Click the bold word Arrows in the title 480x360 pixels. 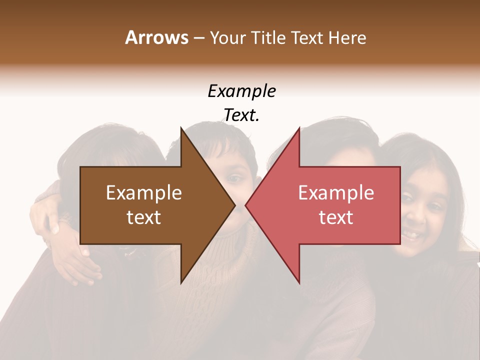point(156,37)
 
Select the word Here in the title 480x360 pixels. point(347,38)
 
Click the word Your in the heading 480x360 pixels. point(228,38)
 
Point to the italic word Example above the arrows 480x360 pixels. point(241,91)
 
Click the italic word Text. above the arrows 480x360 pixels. point(241,115)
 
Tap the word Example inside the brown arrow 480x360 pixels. point(143,193)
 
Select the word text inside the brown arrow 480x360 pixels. point(143,217)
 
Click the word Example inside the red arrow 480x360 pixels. point(336,193)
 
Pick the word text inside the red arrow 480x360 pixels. point(336,217)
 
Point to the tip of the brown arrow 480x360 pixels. point(235,205)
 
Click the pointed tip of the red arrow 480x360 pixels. point(245,205)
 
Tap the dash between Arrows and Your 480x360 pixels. point(198,38)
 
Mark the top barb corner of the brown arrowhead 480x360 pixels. point(180,127)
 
